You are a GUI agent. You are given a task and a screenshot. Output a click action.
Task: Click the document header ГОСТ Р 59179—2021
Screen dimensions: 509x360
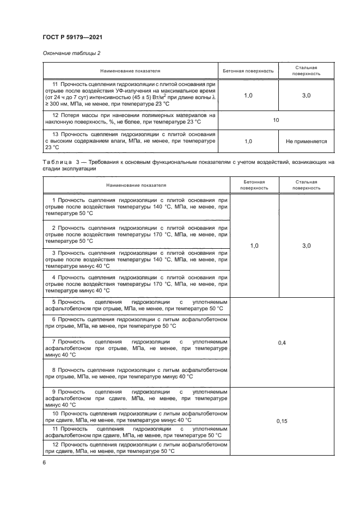click(x=72, y=37)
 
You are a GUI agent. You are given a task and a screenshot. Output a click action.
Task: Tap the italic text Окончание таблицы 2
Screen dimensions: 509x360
click(x=71, y=53)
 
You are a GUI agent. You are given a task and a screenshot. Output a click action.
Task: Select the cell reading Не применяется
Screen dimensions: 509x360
click(x=306, y=140)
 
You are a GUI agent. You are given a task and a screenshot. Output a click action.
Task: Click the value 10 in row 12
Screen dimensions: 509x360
click(x=276, y=120)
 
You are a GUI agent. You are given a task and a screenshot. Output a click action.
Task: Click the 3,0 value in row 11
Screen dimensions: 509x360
click(x=306, y=95)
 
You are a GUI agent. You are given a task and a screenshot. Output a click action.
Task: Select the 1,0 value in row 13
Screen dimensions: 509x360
click(x=248, y=140)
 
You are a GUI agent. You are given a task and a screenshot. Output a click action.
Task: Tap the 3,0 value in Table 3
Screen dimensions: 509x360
click(x=306, y=246)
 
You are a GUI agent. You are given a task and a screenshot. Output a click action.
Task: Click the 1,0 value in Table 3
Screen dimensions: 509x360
click(x=254, y=246)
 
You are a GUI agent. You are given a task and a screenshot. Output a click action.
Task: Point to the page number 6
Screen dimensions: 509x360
click(x=45, y=462)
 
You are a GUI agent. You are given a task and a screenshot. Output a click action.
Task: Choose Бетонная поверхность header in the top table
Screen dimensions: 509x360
click(x=248, y=71)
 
